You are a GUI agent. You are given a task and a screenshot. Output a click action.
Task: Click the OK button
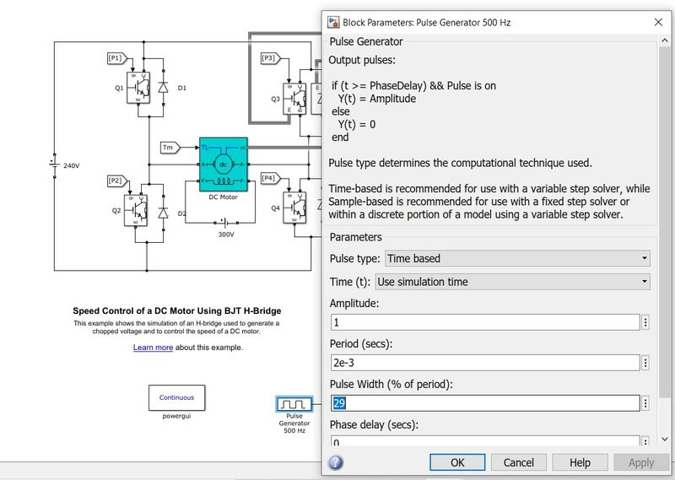456,462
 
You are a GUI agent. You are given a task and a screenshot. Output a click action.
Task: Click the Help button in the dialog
580,462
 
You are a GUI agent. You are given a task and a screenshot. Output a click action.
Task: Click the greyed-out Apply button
640,462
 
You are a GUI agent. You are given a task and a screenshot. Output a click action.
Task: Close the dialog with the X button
658,22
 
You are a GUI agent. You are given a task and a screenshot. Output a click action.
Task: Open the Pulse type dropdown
517,258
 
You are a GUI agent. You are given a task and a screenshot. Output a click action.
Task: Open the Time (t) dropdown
512,282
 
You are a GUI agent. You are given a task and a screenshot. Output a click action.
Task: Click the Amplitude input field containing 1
484,322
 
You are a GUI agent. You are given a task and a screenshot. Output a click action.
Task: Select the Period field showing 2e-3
484,363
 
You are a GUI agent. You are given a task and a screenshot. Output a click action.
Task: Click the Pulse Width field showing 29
484,403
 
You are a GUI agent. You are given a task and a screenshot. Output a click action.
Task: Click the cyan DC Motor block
223,164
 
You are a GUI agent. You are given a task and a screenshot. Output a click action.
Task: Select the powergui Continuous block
176,397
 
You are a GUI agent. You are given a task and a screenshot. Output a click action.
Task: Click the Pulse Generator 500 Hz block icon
294,405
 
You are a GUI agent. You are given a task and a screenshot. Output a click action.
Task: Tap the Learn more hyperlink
153,348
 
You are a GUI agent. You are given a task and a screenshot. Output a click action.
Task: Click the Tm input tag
169,148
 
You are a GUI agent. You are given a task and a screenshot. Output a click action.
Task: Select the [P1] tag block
116,58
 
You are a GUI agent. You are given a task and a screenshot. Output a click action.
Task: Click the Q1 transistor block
137,88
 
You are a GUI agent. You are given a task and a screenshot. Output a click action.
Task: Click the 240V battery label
71,165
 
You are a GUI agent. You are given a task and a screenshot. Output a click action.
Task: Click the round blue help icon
336,462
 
